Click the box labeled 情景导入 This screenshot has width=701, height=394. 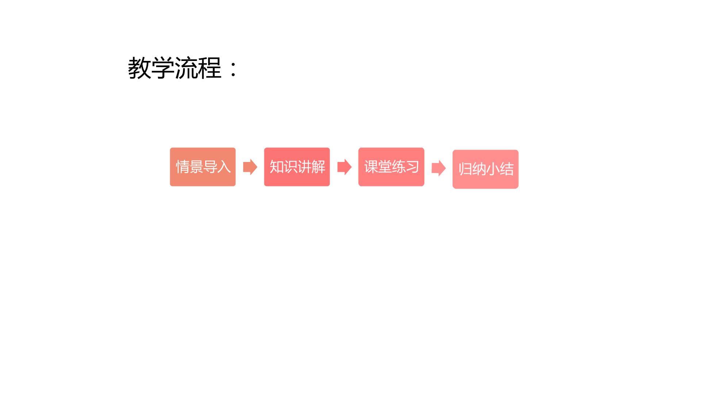(x=203, y=167)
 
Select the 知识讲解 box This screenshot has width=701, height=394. (x=297, y=167)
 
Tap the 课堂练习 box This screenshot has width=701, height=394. (x=391, y=167)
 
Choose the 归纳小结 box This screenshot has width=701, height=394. (x=485, y=169)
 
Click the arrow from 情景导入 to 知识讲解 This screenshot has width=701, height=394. (x=250, y=167)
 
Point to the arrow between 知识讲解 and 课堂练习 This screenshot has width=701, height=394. (x=344, y=167)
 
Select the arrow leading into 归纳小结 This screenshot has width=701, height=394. (x=438, y=168)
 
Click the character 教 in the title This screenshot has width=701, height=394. (x=139, y=68)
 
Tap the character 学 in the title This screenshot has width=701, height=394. (x=163, y=68)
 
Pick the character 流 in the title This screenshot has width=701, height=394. (x=187, y=68)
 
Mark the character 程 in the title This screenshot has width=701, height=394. (x=210, y=68)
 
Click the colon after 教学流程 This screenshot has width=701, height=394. (x=233, y=69)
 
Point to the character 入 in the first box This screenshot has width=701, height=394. (x=224, y=167)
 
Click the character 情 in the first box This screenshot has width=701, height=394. (x=183, y=167)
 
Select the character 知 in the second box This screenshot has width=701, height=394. (x=276, y=167)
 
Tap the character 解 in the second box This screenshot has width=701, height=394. (x=318, y=167)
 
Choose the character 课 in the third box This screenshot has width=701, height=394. (x=371, y=167)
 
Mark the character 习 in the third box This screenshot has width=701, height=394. (x=412, y=167)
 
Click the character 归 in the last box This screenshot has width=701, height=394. (x=465, y=169)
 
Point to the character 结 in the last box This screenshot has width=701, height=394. (x=506, y=169)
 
